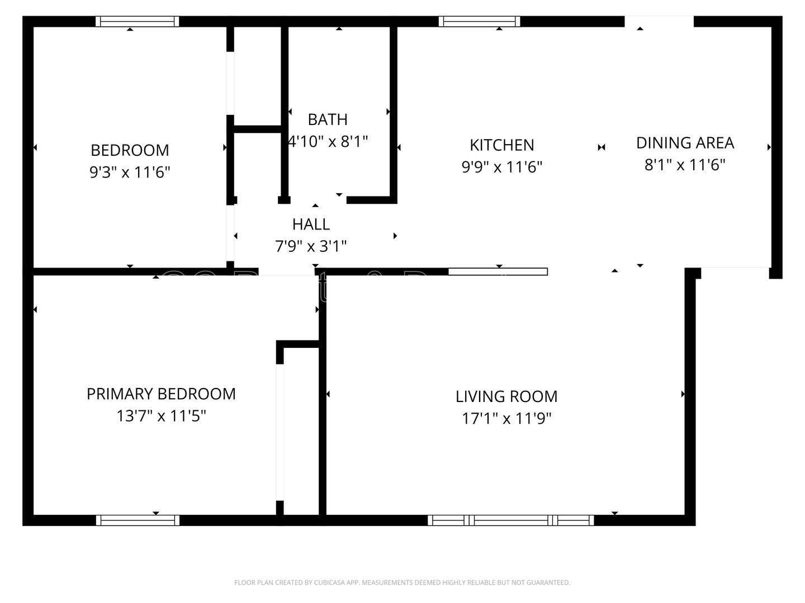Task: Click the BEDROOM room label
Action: coord(130,150)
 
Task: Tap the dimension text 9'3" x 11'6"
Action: coord(130,172)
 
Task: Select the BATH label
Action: coord(328,119)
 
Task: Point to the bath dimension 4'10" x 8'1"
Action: coord(328,141)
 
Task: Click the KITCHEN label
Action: coord(501,145)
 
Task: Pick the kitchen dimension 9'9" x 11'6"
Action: coord(501,167)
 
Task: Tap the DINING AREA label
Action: coord(685,143)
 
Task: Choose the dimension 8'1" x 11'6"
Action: coord(685,165)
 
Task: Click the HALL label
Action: coord(311,224)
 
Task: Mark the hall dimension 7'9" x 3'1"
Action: coord(311,246)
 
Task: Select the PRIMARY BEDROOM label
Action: coord(161,394)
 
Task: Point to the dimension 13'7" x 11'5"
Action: coord(161,416)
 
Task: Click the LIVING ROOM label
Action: coord(506,396)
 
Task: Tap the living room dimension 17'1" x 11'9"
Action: coord(506,418)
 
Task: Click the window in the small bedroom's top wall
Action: coord(138,22)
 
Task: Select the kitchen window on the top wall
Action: coord(479,22)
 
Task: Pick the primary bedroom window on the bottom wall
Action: coord(138,520)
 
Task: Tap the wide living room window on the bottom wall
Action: coord(511,520)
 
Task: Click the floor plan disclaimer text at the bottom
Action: coord(402,583)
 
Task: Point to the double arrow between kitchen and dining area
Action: coord(602,147)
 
